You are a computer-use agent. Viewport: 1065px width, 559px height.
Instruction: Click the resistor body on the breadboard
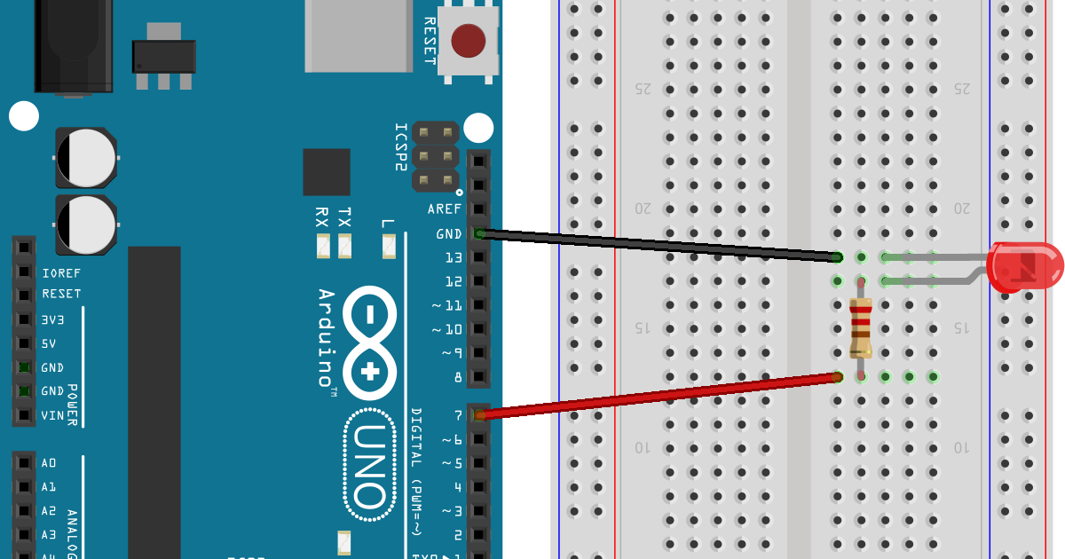pyautogui.click(x=860, y=327)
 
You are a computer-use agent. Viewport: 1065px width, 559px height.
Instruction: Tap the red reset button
pyautogui.click(x=469, y=40)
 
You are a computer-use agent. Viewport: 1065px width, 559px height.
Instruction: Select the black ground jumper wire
pyautogui.click(x=657, y=246)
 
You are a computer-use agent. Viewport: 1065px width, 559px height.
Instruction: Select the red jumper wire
pyautogui.click(x=657, y=396)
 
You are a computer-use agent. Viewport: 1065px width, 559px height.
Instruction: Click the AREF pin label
pyautogui.click(x=444, y=209)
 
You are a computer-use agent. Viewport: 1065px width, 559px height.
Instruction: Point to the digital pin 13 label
pyautogui.click(x=453, y=257)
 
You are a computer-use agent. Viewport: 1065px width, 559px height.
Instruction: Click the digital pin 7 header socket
pyautogui.click(x=479, y=414)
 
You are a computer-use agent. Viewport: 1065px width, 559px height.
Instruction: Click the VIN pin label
pyautogui.click(x=52, y=414)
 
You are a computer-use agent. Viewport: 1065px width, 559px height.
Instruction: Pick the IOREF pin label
pyautogui.click(x=60, y=272)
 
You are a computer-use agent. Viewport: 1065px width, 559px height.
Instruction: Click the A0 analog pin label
pyautogui.click(x=48, y=462)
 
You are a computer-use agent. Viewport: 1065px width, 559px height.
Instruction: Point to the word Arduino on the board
pyautogui.click(x=326, y=337)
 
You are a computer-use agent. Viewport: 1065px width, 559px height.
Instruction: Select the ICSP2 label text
pyautogui.click(x=401, y=147)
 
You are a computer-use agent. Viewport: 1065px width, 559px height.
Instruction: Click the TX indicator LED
pyautogui.click(x=345, y=247)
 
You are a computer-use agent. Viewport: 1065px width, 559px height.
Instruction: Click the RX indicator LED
pyautogui.click(x=322, y=247)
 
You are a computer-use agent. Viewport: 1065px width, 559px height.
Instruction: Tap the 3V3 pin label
pyautogui.click(x=54, y=319)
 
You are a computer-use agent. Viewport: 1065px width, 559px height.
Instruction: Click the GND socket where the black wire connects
pyautogui.click(x=479, y=233)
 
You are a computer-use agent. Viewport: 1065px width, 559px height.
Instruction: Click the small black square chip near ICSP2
pyautogui.click(x=326, y=171)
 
